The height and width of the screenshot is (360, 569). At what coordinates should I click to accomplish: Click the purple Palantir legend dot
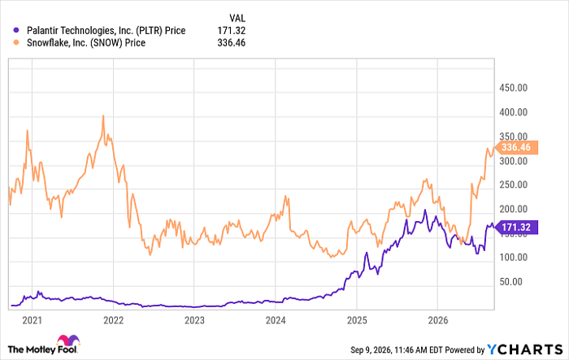tap(16, 31)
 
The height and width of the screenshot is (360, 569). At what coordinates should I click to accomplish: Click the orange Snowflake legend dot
tap(16, 42)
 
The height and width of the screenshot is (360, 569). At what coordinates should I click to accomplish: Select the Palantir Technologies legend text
tap(106, 31)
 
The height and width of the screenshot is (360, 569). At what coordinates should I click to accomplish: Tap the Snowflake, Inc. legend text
tap(86, 43)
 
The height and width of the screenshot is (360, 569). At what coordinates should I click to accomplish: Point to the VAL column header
tap(237, 18)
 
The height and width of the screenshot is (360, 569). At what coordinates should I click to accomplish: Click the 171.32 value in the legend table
tap(231, 31)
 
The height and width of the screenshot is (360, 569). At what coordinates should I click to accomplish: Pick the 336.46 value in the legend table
tap(231, 43)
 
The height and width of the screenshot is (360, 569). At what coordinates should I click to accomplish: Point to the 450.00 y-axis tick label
tap(513, 88)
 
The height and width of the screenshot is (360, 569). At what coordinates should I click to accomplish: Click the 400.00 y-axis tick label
tap(513, 112)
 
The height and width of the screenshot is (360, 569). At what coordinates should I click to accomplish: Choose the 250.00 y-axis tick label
tap(513, 184)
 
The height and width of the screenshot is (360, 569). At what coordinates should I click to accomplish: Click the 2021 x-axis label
tap(32, 320)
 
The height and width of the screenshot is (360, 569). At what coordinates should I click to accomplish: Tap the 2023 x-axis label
tap(194, 320)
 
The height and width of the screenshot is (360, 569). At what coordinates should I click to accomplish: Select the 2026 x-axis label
tap(438, 320)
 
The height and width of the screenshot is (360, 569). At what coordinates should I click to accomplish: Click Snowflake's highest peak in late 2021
tap(103, 116)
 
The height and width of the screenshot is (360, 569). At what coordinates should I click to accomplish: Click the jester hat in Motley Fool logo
tap(68, 340)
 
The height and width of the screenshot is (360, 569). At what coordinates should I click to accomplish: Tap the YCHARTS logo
tap(524, 349)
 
